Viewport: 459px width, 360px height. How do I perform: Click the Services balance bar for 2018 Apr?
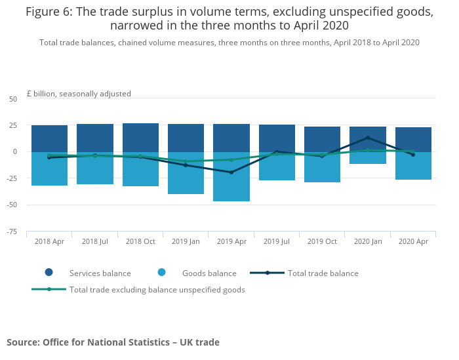[49, 138]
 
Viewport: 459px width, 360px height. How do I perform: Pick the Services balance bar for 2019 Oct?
[322, 138]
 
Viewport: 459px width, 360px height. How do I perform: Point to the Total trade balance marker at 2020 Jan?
[368, 138]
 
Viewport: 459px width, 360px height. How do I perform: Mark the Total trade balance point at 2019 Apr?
[231, 172]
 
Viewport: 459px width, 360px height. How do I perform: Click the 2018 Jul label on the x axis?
[95, 241]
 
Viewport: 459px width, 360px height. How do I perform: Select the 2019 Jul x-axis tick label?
[277, 241]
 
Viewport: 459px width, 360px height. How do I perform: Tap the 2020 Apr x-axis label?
[413, 241]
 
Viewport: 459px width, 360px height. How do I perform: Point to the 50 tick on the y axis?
[13, 99]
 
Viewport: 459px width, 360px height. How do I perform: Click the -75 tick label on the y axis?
[12, 231]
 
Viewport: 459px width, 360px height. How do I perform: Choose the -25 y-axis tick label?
[12, 178]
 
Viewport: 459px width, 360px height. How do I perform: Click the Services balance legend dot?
[49, 273]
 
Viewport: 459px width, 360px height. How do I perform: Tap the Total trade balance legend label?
[323, 273]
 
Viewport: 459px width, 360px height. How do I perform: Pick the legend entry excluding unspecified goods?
[157, 289]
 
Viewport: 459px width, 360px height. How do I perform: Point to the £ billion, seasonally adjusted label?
[79, 94]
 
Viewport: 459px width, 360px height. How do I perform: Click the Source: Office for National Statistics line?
[113, 342]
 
